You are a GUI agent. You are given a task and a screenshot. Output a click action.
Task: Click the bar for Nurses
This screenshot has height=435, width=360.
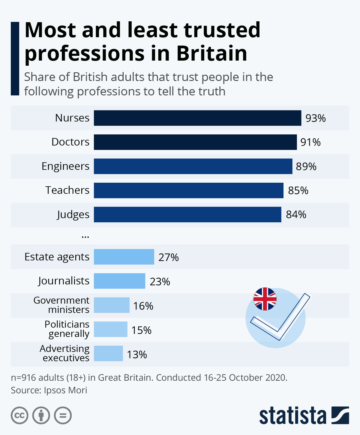tap(197, 118)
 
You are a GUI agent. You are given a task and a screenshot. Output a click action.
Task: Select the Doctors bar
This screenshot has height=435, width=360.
tap(195, 142)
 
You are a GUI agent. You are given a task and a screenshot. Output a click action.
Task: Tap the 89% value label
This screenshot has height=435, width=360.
tap(306, 166)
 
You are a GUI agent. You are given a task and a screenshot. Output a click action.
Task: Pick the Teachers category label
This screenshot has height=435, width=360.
tap(67, 190)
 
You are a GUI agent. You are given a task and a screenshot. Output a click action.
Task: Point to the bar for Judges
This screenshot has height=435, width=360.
tap(187, 214)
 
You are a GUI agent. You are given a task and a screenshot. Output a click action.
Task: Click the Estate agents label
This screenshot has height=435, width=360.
tap(57, 257)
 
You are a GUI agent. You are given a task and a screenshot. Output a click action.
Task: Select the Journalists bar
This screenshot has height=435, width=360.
tap(119, 281)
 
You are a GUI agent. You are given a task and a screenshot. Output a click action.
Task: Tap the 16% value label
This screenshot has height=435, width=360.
tap(143, 306)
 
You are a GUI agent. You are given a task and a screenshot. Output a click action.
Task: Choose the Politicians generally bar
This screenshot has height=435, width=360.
tap(110, 329)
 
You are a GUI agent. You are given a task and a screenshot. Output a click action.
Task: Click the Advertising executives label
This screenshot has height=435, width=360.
tap(65, 353)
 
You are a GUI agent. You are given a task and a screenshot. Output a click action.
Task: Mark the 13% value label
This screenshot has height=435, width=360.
tap(137, 355)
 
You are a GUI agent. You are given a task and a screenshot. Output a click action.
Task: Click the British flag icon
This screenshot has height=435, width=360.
tap(265, 299)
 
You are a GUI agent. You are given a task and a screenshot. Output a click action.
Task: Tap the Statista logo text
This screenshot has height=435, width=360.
tap(292, 416)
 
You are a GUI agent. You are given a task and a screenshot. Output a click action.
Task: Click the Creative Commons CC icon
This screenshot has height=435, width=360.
tap(19, 416)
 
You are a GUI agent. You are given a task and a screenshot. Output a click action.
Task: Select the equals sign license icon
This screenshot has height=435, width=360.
tap(63, 416)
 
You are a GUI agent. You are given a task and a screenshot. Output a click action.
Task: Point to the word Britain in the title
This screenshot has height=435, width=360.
tap(212, 53)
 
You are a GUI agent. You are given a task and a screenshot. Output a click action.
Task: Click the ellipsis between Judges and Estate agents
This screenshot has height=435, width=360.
tap(85, 236)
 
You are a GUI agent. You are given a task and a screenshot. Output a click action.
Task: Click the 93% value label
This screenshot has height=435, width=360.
tap(316, 118)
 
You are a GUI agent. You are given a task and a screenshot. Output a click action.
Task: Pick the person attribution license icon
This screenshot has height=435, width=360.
tap(41, 416)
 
